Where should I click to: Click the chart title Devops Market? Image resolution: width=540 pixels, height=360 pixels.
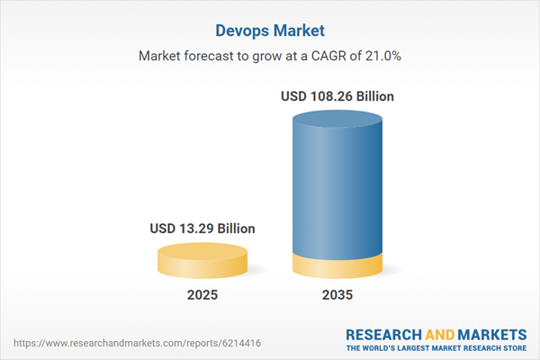269,29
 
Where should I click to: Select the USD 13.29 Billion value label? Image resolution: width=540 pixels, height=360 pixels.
202,229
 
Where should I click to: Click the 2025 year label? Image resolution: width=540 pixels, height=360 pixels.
202,294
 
